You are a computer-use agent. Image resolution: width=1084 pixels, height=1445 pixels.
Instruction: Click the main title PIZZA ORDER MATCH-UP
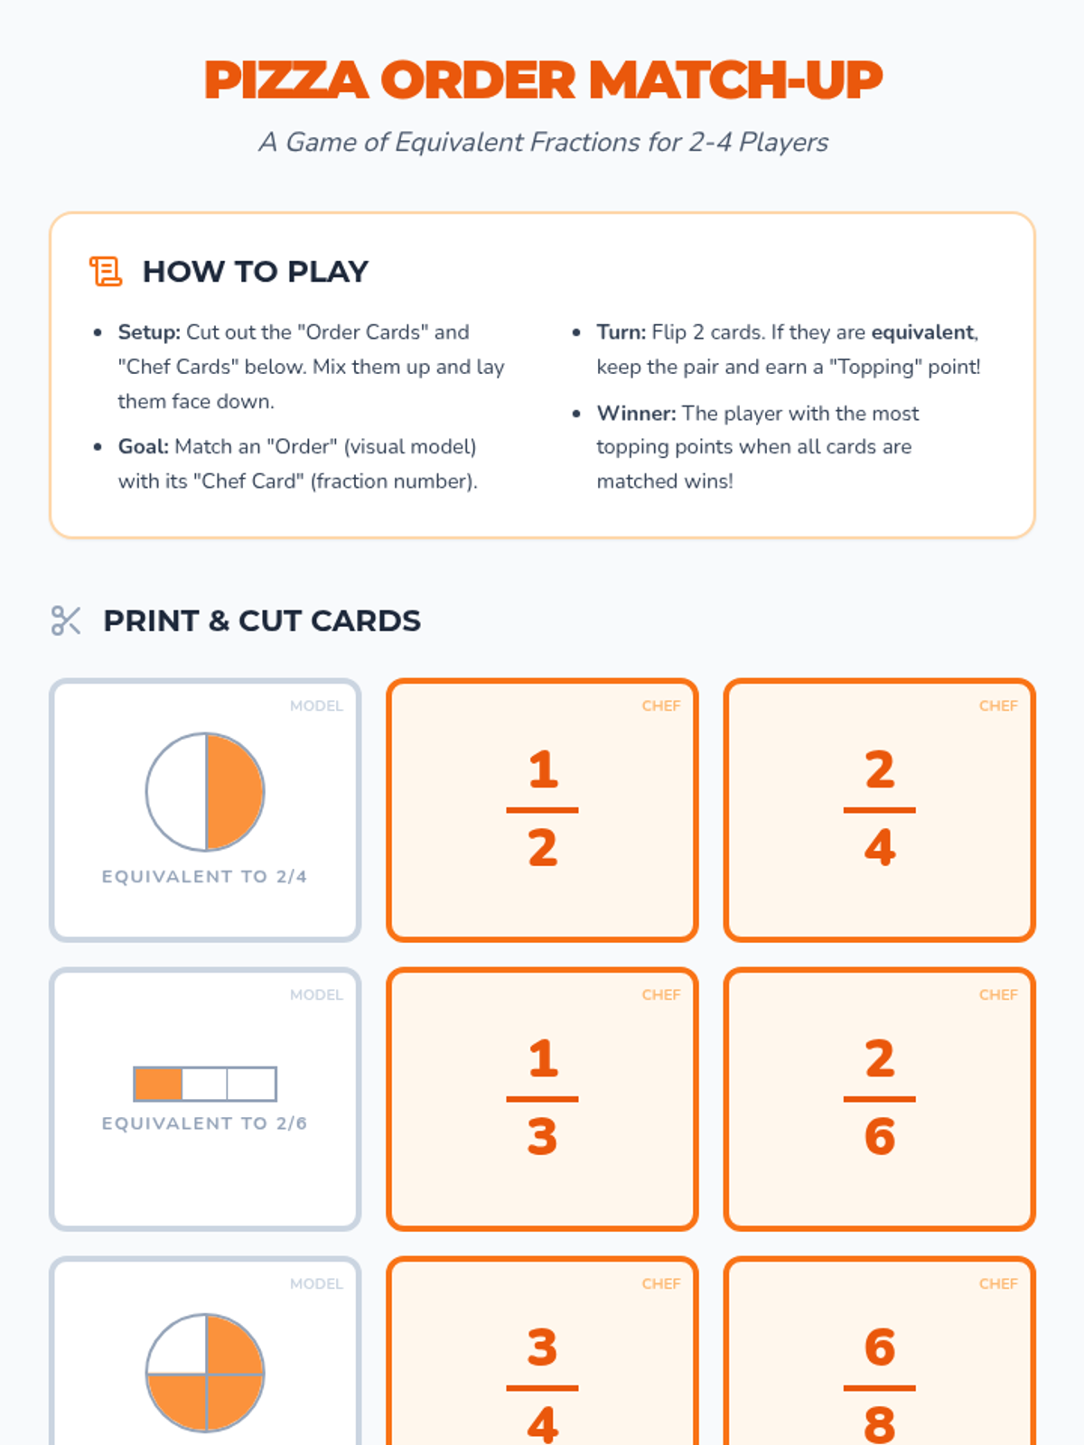542,79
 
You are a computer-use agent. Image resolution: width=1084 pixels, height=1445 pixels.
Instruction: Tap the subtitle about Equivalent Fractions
543,142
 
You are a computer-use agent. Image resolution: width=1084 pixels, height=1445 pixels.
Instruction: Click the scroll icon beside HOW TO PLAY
106,271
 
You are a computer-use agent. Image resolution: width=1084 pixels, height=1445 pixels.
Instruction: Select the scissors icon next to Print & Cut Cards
66,620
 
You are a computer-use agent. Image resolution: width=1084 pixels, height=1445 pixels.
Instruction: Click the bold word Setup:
149,332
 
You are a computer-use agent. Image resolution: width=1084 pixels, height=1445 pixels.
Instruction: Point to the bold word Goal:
144,447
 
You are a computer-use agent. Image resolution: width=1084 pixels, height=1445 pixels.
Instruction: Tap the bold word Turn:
621,332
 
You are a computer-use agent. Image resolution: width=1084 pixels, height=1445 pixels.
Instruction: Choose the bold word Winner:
637,414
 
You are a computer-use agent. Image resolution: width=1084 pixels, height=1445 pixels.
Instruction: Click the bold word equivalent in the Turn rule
922,332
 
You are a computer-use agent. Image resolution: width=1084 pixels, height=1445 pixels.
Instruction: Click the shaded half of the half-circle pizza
234,792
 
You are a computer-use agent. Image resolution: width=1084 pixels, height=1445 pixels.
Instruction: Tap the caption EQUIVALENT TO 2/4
205,877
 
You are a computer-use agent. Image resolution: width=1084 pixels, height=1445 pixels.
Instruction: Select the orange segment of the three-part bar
158,1084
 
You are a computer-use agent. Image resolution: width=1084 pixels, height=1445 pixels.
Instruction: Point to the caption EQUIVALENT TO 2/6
205,1123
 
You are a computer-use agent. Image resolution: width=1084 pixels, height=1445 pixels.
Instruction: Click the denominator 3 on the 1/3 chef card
542,1137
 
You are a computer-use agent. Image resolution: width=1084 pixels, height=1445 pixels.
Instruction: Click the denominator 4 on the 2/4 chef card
879,848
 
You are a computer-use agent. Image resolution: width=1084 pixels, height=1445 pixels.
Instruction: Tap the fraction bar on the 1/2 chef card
542,810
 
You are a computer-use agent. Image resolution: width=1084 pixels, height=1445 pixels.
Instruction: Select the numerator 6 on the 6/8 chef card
879,1347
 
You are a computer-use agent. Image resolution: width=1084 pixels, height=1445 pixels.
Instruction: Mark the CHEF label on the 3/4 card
661,1283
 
